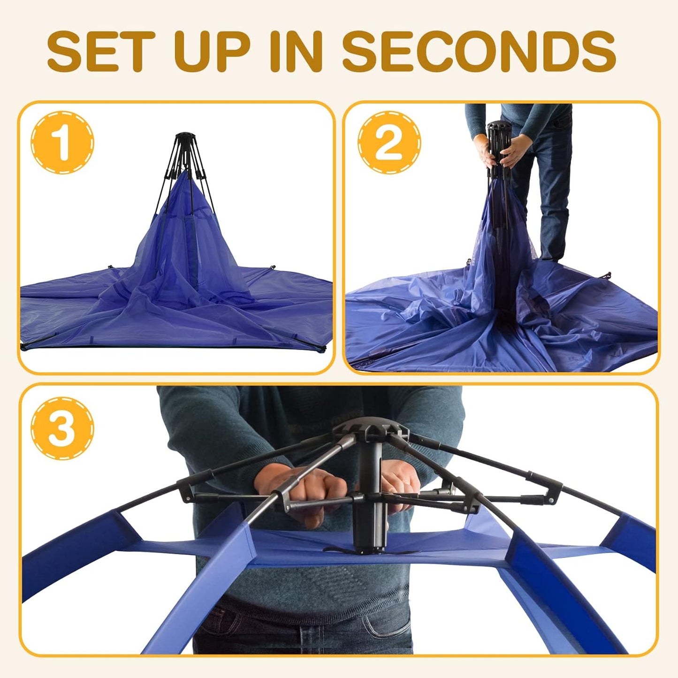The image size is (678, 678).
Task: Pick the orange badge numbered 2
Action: (x=389, y=142)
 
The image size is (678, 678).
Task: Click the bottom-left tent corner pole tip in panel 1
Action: (x=23, y=347)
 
